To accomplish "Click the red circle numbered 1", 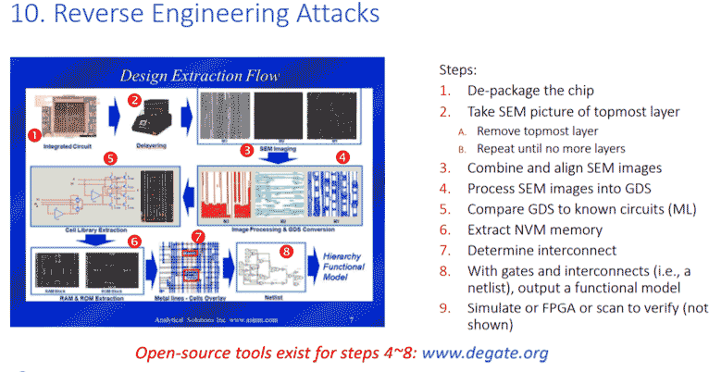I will point(33,134).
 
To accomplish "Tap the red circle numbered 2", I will point(134,99).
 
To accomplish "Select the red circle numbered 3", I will point(246,149).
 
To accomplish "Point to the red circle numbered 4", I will point(342,157).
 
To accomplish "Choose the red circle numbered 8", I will point(285,249).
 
